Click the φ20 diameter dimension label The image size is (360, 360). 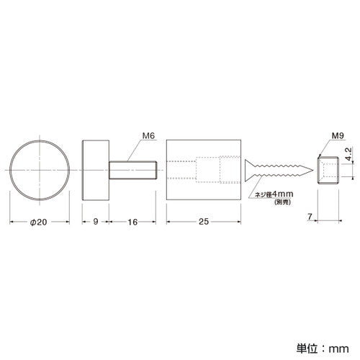(38, 222)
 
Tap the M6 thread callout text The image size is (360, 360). (148, 136)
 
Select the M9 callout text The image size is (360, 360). (338, 136)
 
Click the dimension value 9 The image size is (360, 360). (96, 222)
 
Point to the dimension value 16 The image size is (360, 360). (132, 222)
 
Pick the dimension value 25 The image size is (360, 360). (204, 222)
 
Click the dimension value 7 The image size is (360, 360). (310, 217)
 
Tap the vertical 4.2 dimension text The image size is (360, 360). (348, 154)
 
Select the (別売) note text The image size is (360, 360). (282, 202)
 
